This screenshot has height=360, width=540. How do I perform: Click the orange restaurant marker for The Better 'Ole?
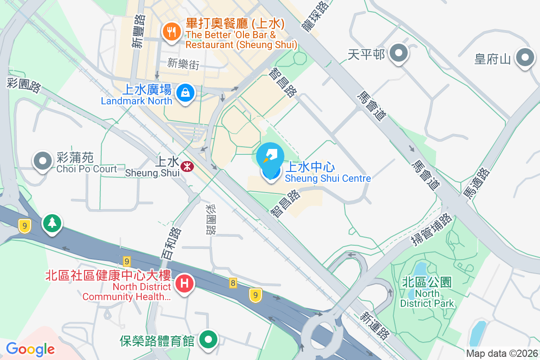171,31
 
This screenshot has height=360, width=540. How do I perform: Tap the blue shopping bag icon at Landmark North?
184,93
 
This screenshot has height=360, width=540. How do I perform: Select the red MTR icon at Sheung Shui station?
187,166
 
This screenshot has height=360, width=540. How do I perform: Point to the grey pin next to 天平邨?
398,54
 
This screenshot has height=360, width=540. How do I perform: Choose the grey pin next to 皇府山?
525,58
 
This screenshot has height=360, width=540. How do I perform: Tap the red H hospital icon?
184,283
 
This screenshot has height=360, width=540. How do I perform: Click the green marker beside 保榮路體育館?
208,339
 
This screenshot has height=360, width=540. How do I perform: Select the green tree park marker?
52,222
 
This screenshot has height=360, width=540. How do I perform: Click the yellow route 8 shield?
233,283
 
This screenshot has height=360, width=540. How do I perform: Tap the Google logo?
30,349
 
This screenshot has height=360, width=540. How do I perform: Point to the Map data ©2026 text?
501,354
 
